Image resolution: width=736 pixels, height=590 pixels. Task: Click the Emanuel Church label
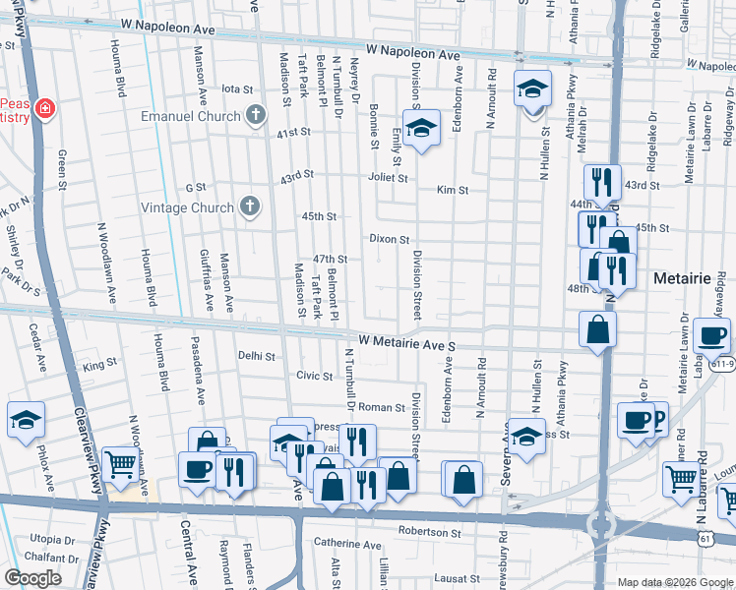coord(190,116)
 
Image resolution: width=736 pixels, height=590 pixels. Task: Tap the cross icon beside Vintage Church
coord(251,207)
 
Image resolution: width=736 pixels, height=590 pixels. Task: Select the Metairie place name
coord(682,279)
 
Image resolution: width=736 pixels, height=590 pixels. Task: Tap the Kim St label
coord(453,190)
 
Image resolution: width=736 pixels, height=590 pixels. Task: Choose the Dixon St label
coord(390,239)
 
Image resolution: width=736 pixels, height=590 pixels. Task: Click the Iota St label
coord(238,88)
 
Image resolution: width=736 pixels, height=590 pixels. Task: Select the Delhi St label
coord(254,356)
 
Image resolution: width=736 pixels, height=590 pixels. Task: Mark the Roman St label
coord(385,407)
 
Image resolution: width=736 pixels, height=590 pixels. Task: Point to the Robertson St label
coord(430,532)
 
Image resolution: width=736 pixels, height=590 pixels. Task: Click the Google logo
coord(34,578)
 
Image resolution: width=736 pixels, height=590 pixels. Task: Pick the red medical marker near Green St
coord(44,107)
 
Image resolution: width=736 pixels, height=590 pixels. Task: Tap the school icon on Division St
coord(421,131)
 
